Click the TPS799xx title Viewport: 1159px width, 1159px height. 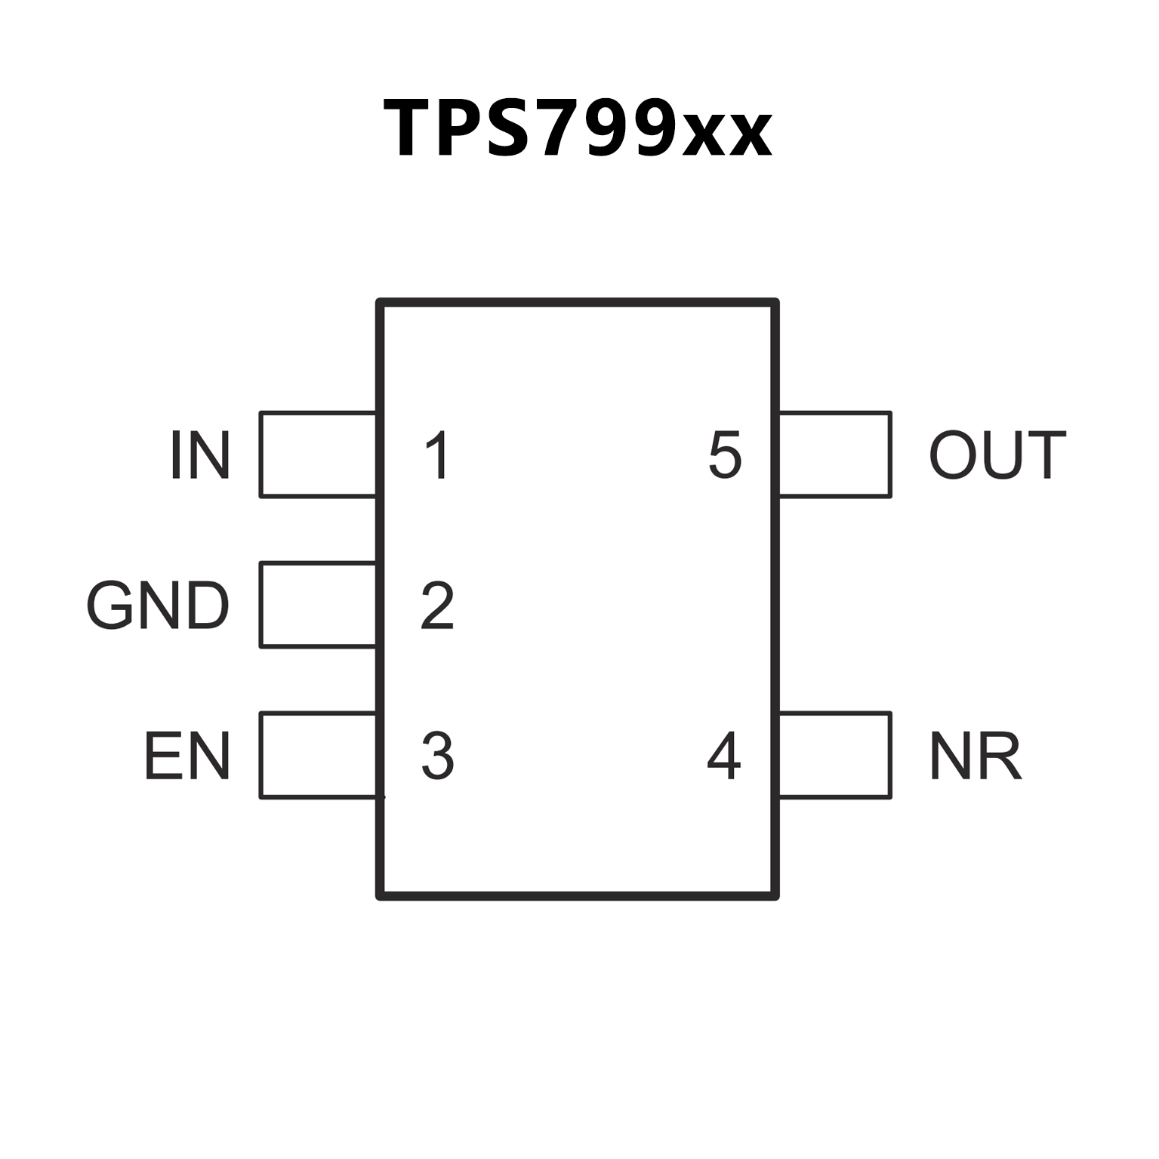coord(578,128)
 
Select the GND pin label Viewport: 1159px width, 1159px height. coord(158,606)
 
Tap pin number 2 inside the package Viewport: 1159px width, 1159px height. coord(437,606)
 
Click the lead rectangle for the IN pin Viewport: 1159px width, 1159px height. coord(318,455)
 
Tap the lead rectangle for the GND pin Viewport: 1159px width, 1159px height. coord(318,605)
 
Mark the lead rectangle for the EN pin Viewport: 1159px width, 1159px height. coord(318,755)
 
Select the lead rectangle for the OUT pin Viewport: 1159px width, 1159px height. coord(834,455)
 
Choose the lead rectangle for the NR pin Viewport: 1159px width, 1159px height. coord(834,755)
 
